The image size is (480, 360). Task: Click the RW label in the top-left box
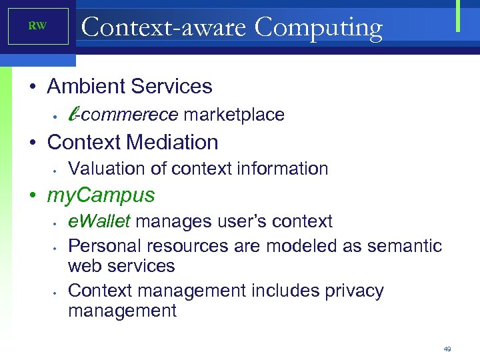(x=37, y=26)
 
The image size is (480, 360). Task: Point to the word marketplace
(x=234, y=115)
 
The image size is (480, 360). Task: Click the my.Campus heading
(x=101, y=195)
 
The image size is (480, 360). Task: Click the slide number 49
(x=447, y=349)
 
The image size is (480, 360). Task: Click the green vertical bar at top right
(x=459, y=16)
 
